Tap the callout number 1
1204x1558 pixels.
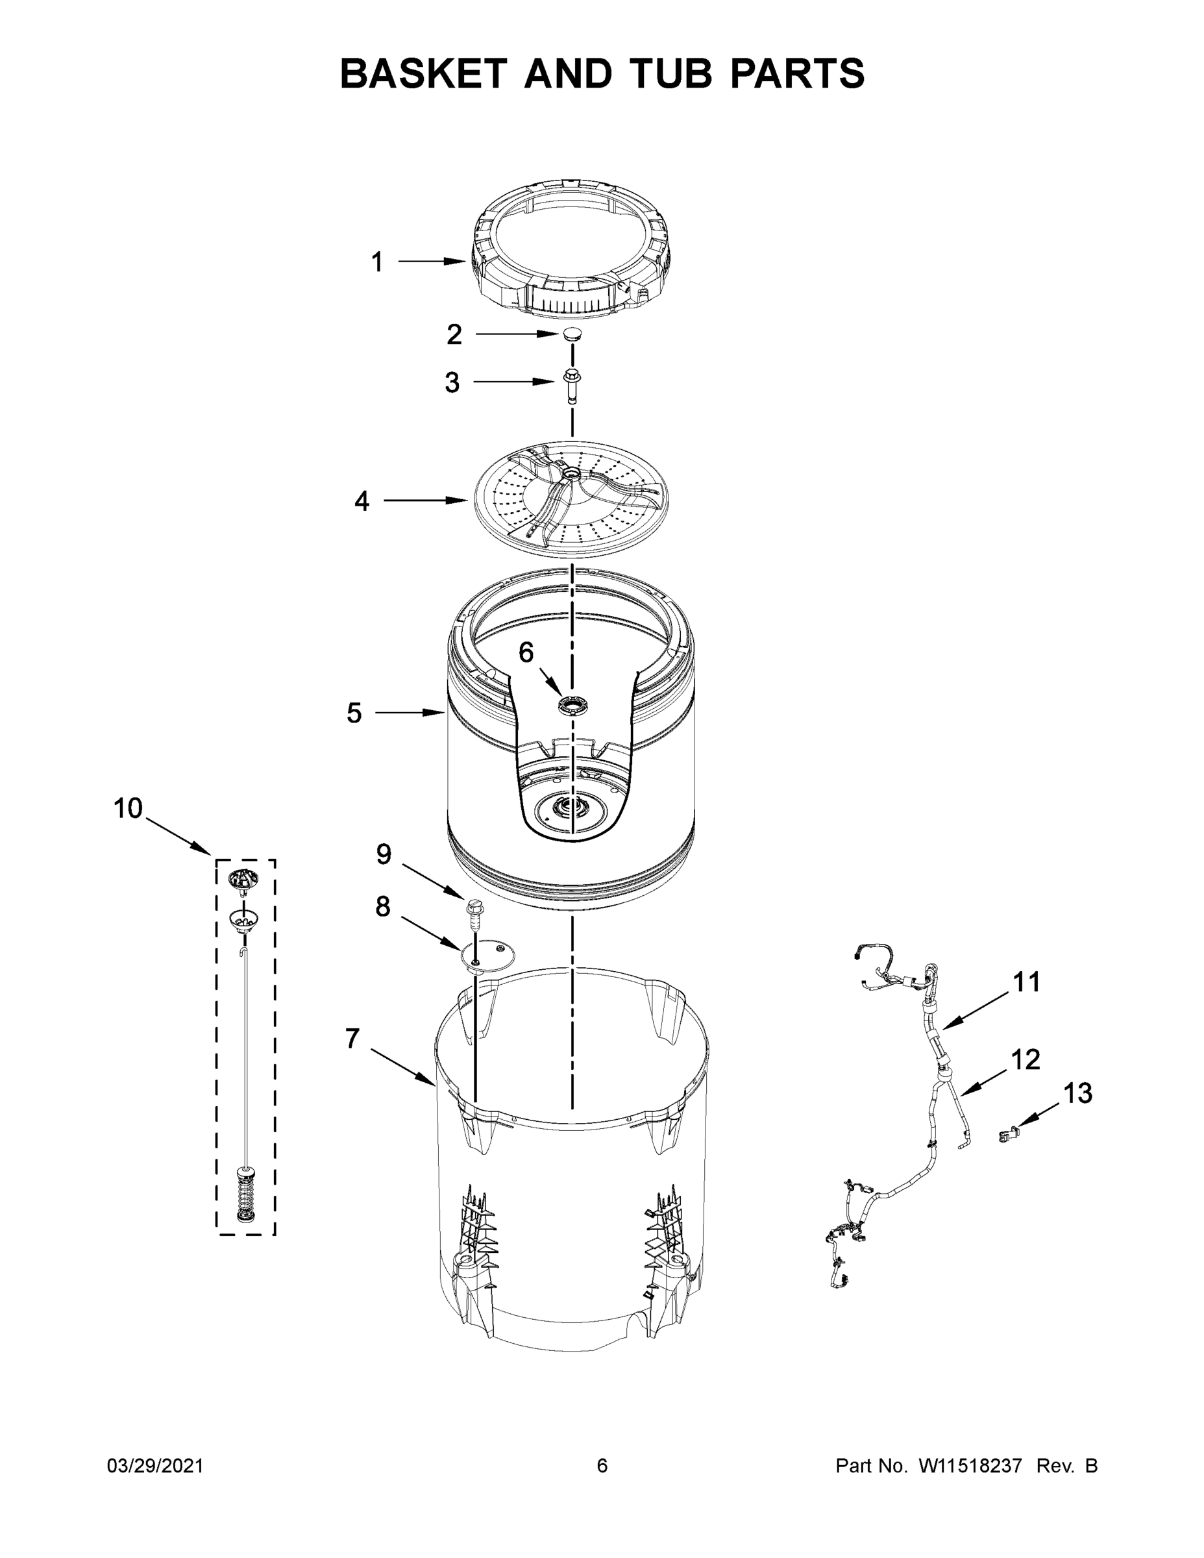(x=377, y=262)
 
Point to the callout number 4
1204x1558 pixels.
(x=362, y=502)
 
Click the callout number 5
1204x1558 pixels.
(x=354, y=713)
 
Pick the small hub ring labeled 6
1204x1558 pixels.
(x=571, y=706)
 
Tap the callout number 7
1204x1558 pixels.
(x=352, y=1039)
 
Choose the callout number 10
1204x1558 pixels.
(x=129, y=808)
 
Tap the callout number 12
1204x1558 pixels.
(x=1026, y=1059)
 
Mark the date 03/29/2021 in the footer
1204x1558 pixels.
(x=156, y=1466)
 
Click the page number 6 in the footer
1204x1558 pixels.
(x=602, y=1466)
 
